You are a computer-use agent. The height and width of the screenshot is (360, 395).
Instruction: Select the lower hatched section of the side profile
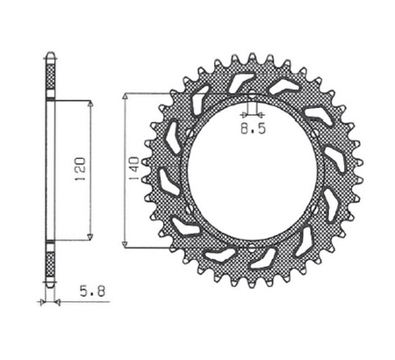[x=50, y=263]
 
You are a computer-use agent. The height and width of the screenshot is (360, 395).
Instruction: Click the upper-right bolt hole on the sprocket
[x=314, y=132]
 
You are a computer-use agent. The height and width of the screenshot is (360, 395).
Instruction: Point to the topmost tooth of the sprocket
[x=250, y=60]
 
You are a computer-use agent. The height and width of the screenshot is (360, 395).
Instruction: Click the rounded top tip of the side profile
[x=50, y=56]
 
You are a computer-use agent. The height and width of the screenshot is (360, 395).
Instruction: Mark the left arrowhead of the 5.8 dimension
[x=41, y=301]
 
